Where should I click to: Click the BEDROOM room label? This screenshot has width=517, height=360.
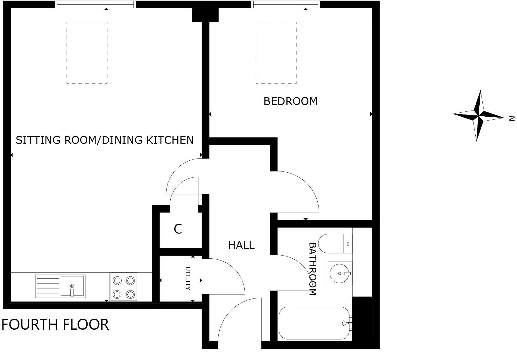(x=290, y=101)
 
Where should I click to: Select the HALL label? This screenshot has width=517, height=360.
(x=241, y=245)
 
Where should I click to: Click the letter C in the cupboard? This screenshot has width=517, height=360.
(x=178, y=229)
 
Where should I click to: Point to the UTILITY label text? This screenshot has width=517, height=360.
(x=188, y=279)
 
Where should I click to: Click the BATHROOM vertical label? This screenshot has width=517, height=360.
(x=312, y=269)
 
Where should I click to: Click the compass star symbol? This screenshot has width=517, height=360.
(x=478, y=116)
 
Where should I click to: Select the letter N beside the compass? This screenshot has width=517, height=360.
(x=511, y=118)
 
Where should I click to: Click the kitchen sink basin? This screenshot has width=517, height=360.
(x=72, y=286)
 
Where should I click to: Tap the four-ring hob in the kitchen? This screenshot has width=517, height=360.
(x=124, y=287)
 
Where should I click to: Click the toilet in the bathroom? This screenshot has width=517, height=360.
(x=334, y=244)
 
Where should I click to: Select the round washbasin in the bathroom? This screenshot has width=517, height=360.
(x=339, y=273)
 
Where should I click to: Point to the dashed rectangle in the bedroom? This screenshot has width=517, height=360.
(x=276, y=53)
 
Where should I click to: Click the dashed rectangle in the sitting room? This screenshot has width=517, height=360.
(x=87, y=53)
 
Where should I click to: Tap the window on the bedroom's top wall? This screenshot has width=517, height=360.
(x=285, y=4)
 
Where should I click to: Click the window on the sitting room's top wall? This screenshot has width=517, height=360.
(x=95, y=4)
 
